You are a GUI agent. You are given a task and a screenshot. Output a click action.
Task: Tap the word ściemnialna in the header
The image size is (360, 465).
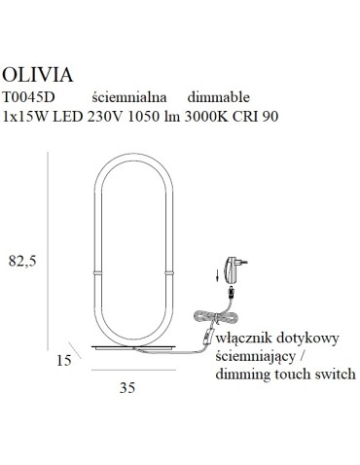tap(130, 97)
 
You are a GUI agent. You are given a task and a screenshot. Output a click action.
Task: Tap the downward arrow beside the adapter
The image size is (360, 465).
tap(215, 277)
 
